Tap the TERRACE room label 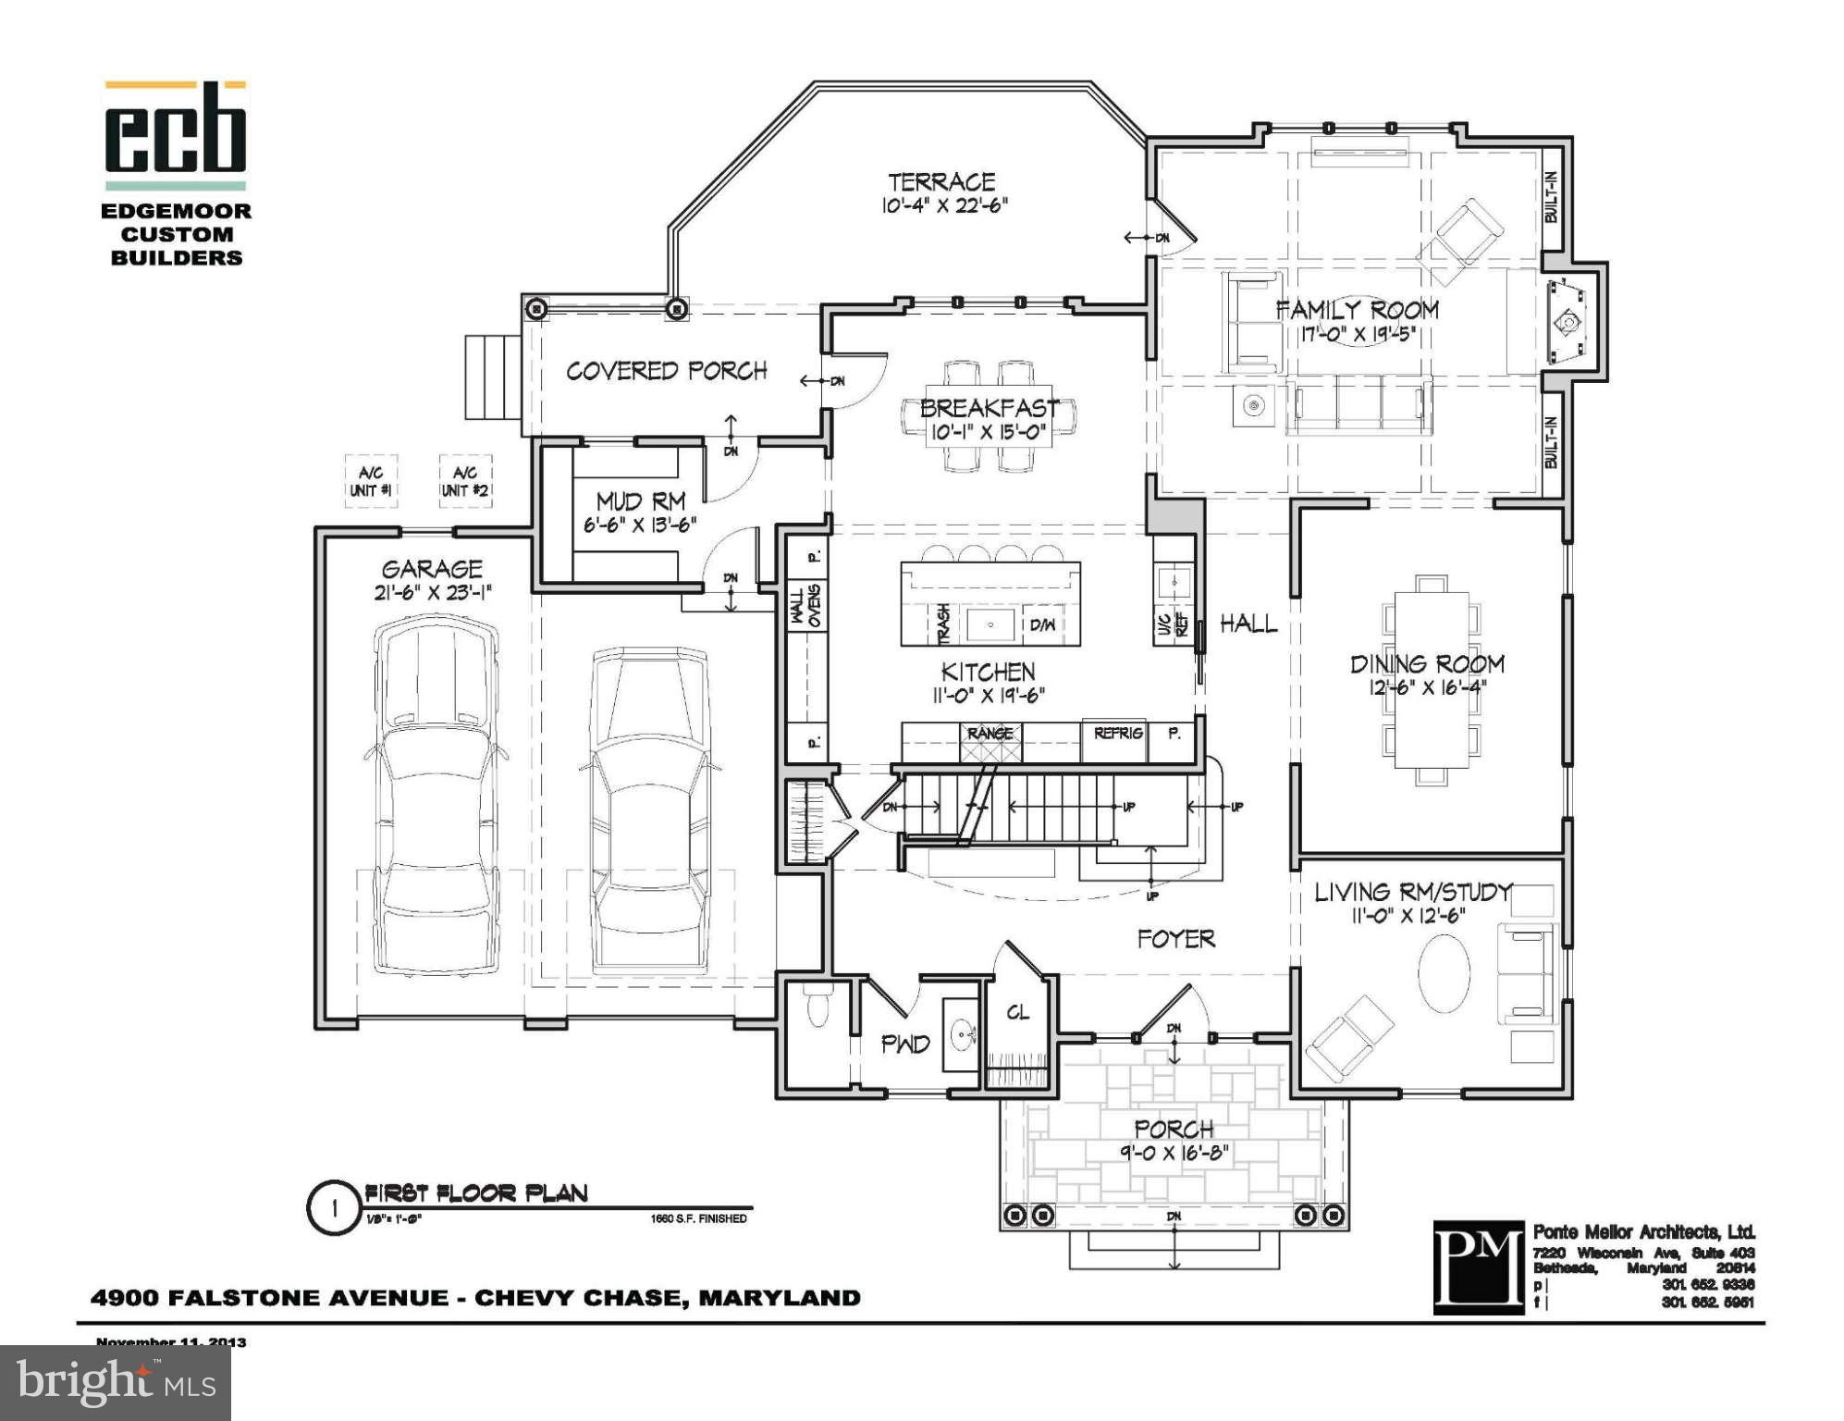[x=941, y=182]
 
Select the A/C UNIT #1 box [x=371, y=481]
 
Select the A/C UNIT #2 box [x=464, y=481]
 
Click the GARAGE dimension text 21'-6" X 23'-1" [x=432, y=593]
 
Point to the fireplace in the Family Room [x=1568, y=322]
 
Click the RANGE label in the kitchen [x=990, y=733]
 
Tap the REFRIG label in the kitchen [x=1118, y=733]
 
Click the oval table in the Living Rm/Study [x=1444, y=973]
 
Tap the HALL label [x=1248, y=624]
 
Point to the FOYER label [x=1175, y=939]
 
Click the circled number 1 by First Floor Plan [x=334, y=1208]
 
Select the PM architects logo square [x=1478, y=1267]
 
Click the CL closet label [x=1017, y=1013]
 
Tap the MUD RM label [x=640, y=501]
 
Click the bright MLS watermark [x=115, y=1382]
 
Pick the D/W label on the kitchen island [x=1042, y=625]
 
